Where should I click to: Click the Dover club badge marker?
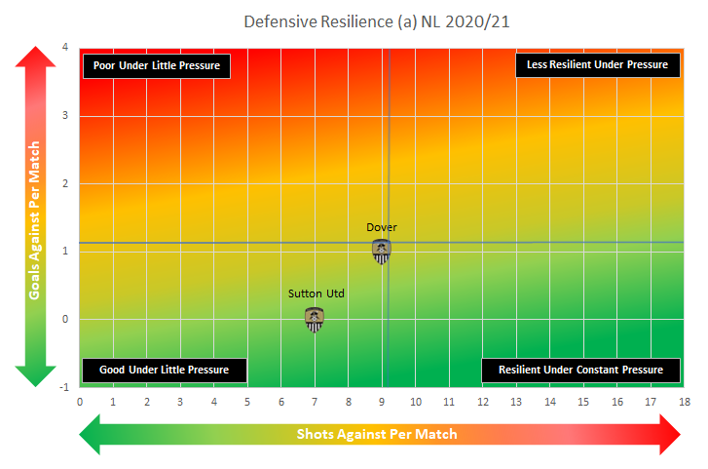click(x=382, y=252)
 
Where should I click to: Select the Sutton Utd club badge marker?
click(x=315, y=319)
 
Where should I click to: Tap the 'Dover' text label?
click(x=382, y=227)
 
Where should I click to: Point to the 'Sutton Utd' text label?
click(x=317, y=293)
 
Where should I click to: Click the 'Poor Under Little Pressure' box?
click(x=157, y=66)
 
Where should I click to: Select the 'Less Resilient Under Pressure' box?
click(x=597, y=64)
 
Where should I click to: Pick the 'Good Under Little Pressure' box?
click(x=164, y=371)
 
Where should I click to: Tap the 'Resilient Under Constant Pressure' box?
click(x=580, y=371)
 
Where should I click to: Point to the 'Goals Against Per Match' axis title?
click(x=34, y=216)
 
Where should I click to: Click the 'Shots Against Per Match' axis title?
click(x=377, y=434)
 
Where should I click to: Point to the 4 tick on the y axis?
click(x=65, y=48)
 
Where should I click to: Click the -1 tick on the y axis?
click(x=64, y=387)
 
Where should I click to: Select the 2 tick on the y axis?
click(x=65, y=183)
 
